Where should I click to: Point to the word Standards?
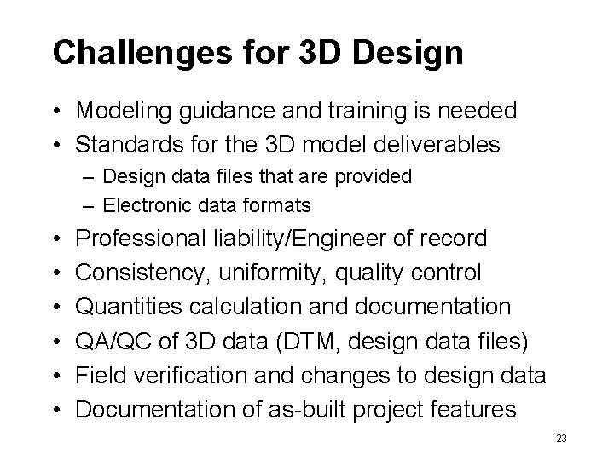(x=127, y=144)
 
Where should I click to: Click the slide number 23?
(x=561, y=438)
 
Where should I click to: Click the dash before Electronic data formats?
(x=90, y=205)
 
